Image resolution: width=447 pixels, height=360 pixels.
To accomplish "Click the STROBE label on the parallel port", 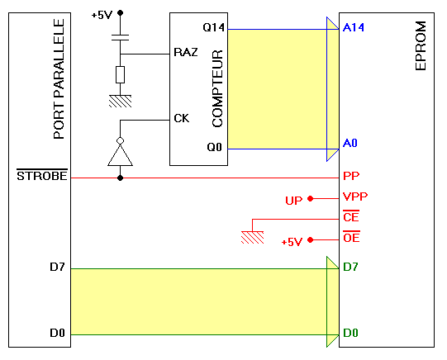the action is pyautogui.click(x=42, y=176).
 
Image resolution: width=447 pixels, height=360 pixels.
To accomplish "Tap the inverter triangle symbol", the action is pyautogui.click(x=120, y=155).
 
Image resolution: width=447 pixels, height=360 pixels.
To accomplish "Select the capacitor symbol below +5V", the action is pyautogui.click(x=120, y=38).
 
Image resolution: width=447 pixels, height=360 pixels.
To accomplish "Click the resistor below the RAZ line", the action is pyautogui.click(x=120, y=75).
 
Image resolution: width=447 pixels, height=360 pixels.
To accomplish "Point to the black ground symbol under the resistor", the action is pyautogui.click(x=121, y=101).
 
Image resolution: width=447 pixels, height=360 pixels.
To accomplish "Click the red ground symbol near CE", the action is pyautogui.click(x=252, y=237).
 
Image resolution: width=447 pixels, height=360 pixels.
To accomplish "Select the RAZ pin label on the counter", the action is pyautogui.click(x=186, y=52).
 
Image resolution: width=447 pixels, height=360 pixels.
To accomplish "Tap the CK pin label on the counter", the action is pyautogui.click(x=181, y=118).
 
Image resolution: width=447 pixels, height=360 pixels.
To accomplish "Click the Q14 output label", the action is pyautogui.click(x=213, y=27).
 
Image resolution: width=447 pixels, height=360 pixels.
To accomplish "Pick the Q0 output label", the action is pyautogui.click(x=214, y=147).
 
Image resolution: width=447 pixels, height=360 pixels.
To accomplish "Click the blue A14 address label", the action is pyautogui.click(x=354, y=27).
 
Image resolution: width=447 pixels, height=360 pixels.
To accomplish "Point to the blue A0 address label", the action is pyautogui.click(x=350, y=143).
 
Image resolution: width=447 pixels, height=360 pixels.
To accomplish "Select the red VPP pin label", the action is pyautogui.click(x=355, y=197).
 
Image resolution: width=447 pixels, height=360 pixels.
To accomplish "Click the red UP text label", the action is pyautogui.click(x=293, y=201).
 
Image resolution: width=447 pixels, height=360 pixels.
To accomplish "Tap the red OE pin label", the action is pyautogui.click(x=351, y=237).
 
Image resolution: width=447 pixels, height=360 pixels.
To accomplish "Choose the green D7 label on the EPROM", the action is pyautogui.click(x=350, y=267).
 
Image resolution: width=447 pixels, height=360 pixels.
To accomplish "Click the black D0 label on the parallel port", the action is pyautogui.click(x=57, y=333).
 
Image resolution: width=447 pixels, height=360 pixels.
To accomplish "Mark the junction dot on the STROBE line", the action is pyautogui.click(x=121, y=178).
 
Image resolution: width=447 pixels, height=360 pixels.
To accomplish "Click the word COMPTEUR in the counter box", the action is pyautogui.click(x=217, y=88).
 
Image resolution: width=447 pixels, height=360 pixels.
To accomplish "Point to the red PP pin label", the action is pyautogui.click(x=351, y=176).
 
